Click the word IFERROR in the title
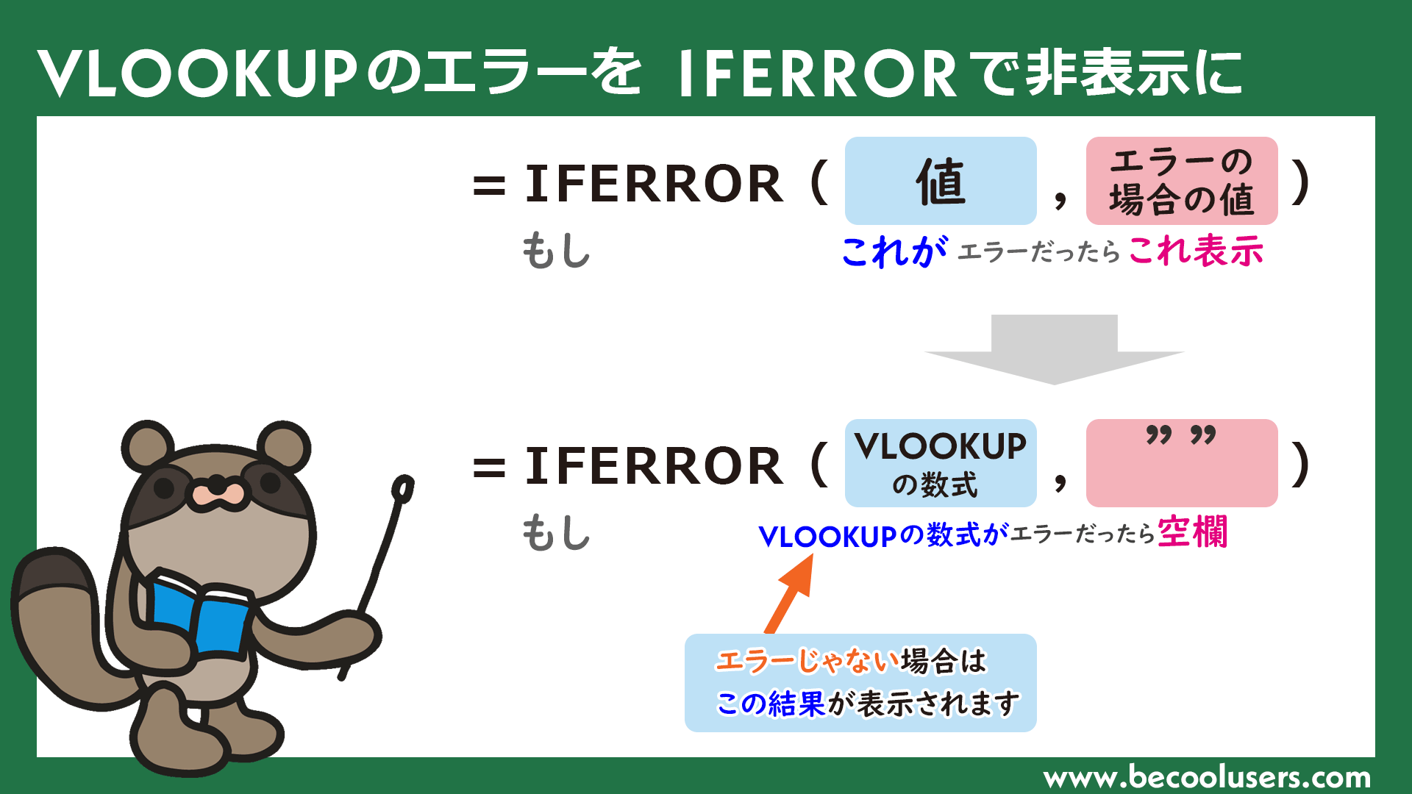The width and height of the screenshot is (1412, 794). point(817,74)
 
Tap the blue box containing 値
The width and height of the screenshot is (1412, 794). point(941,181)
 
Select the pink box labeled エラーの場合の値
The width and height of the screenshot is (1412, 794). point(1182,181)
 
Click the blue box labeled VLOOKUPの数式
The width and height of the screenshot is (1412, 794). point(941,463)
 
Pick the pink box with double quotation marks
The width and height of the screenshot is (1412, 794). point(1182,463)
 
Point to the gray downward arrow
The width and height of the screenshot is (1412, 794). point(1055,350)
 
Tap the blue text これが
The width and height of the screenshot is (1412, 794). point(894,252)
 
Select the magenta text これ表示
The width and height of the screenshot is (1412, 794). point(1196,251)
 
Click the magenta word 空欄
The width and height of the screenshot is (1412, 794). point(1192,532)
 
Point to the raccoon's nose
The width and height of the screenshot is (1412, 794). point(216,486)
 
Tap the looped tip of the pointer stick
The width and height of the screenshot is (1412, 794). point(403,488)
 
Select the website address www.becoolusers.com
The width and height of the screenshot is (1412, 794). point(1207,777)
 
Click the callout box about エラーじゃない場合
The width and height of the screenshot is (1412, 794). point(860,682)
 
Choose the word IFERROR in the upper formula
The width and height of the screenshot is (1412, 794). point(654,184)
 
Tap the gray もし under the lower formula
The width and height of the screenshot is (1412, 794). point(556,533)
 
